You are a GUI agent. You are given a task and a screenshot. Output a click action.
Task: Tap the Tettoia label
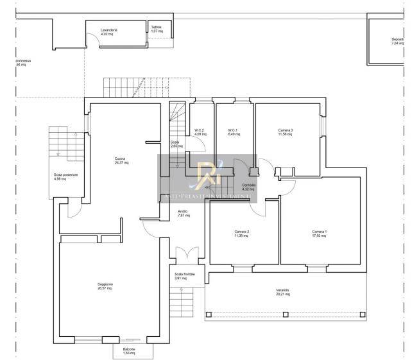(x=157, y=27)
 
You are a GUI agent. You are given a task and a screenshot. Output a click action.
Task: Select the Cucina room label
(x=120, y=159)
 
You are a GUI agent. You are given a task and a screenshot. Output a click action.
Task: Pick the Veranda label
(x=283, y=291)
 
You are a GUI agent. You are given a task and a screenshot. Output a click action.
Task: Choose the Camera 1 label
(x=319, y=232)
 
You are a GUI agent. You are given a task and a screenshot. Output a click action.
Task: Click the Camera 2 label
(x=241, y=232)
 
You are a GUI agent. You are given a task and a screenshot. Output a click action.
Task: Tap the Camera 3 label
(x=286, y=130)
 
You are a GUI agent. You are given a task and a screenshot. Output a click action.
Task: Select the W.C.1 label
(x=232, y=131)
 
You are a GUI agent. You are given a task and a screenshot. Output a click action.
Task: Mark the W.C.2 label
(x=199, y=131)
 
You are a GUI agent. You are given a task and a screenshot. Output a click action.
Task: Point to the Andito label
(x=183, y=211)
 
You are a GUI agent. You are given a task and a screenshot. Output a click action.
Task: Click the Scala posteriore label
(x=66, y=175)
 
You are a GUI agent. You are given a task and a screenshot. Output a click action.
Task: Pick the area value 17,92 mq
(x=319, y=236)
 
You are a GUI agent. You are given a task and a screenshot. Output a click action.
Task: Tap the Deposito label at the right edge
(x=398, y=40)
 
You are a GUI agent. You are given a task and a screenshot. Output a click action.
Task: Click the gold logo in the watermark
(x=209, y=173)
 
